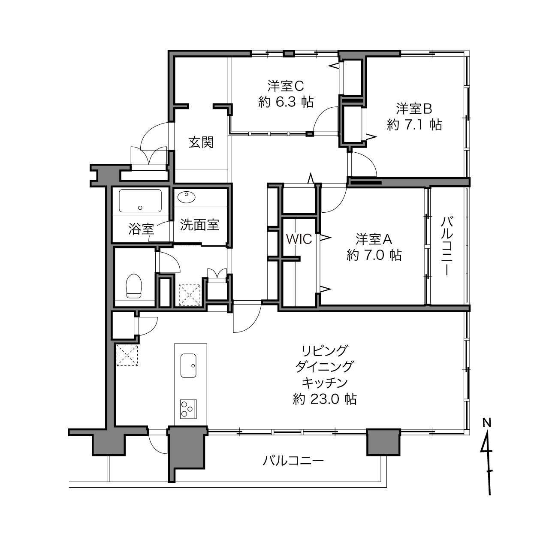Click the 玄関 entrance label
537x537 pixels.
tap(201, 142)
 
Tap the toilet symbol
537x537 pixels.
tap(134, 286)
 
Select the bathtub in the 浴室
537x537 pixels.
tap(140, 201)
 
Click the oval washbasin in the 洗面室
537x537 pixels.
tap(187, 197)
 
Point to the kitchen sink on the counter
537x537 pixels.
tap(188, 365)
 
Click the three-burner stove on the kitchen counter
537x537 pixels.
tap(188, 409)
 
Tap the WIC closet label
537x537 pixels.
tap(299, 239)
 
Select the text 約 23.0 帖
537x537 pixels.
tap(325, 399)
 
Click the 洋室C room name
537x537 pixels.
tap(286, 86)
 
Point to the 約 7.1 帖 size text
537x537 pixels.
tap(414, 124)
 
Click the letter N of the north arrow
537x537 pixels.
tap(487, 423)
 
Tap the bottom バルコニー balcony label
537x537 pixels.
tap(293, 460)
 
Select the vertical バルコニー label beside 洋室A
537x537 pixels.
tap(446, 246)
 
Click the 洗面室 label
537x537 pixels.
tap(199, 225)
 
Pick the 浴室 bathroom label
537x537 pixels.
tap(141, 229)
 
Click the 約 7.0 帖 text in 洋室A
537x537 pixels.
tap(374, 255)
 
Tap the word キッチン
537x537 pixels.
tap(325, 383)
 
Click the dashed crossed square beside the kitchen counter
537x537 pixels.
tap(127, 355)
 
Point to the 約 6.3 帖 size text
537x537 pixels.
tap(286, 102)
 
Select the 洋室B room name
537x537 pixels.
tap(414, 109)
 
